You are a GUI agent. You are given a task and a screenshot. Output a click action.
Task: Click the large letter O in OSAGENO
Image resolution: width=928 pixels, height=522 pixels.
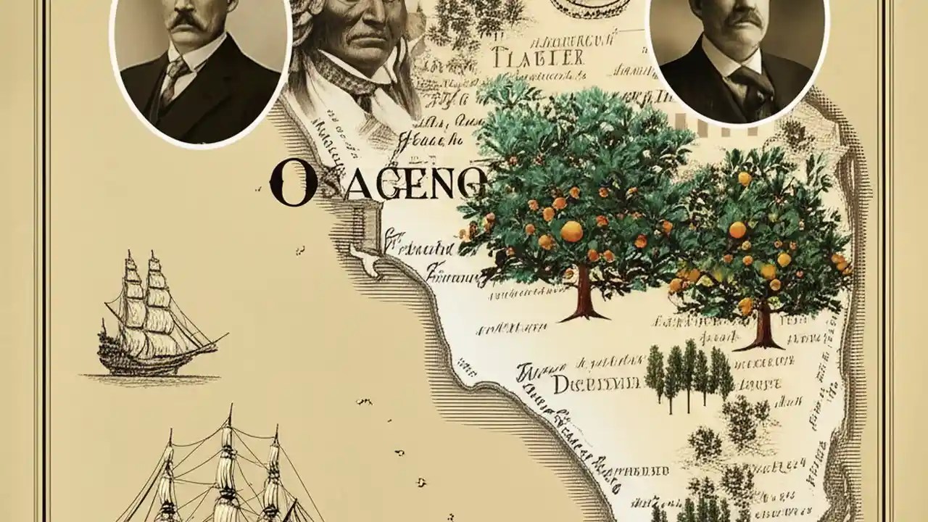click(x=292, y=182)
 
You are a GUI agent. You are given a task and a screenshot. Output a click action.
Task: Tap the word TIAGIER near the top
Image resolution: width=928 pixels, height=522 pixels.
click(x=536, y=56)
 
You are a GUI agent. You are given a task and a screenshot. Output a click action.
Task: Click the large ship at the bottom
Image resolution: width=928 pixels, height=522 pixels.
click(x=225, y=471)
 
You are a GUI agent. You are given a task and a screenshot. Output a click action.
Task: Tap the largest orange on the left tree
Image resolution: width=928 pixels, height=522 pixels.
click(x=571, y=231)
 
